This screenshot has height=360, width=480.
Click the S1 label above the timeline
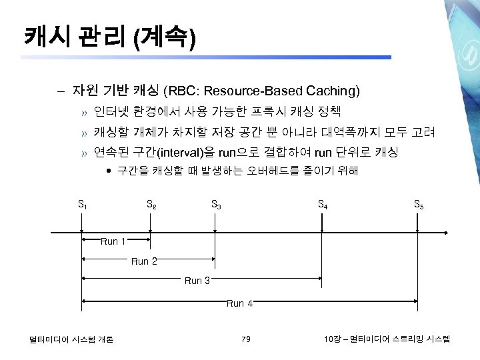[83, 205]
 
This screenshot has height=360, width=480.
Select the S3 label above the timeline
[216, 205]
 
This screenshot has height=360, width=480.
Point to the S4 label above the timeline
[323, 205]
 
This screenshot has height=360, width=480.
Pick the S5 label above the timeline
[417, 205]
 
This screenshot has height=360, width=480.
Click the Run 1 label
[113, 241]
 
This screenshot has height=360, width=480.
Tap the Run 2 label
[144, 261]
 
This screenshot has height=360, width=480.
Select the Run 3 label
[197, 281]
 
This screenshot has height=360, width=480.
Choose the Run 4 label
[239, 303]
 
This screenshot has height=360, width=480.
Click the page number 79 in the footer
[246, 340]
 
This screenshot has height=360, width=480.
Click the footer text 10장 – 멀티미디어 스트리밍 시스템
[386, 340]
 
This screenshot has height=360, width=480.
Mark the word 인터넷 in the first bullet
[108, 111]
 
